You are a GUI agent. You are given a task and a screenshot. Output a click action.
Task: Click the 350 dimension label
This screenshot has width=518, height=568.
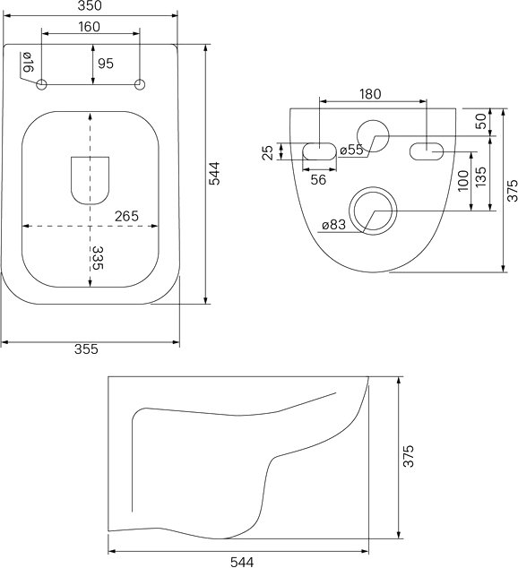90,5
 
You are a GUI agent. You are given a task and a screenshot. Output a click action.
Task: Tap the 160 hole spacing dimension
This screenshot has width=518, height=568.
89,27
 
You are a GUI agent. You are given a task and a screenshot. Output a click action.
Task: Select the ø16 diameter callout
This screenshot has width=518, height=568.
28,62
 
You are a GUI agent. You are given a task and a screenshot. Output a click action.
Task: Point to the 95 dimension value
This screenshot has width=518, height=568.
106,64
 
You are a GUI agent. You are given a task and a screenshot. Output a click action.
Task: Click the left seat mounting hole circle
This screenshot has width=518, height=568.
41,85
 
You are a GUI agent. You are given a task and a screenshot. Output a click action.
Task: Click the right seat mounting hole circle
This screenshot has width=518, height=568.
140,85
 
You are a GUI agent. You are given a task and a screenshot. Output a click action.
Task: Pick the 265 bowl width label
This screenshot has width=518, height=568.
126,216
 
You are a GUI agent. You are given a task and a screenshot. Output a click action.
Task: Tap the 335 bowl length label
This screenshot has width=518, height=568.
98,258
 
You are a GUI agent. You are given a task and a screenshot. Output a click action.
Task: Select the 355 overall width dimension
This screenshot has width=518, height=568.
86,349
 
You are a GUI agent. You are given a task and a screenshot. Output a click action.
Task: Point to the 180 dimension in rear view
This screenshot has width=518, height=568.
370,94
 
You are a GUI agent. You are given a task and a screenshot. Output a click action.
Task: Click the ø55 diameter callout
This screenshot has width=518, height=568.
351,150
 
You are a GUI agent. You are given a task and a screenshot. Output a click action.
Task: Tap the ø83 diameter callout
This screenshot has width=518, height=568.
333,225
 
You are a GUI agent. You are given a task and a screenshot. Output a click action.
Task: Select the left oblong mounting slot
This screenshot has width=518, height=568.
320,151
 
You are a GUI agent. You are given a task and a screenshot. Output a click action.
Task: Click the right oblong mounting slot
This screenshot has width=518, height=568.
427,151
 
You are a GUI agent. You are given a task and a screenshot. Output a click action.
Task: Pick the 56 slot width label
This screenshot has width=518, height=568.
318,180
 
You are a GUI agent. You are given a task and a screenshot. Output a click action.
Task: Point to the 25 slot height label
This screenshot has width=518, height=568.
267,152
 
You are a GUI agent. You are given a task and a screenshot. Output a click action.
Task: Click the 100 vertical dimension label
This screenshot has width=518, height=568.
463,181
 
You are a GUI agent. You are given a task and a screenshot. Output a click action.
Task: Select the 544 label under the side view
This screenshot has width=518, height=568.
242,562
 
